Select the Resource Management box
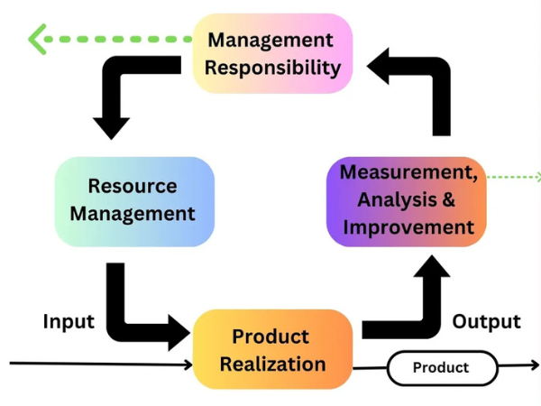134,200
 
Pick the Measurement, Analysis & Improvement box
407,200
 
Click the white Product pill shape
442,367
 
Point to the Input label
69,322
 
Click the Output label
486,322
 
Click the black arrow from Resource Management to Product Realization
135,316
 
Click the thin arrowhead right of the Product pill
533,366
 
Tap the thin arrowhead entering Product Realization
188,365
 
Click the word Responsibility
273,67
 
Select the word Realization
272,364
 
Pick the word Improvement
408,226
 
